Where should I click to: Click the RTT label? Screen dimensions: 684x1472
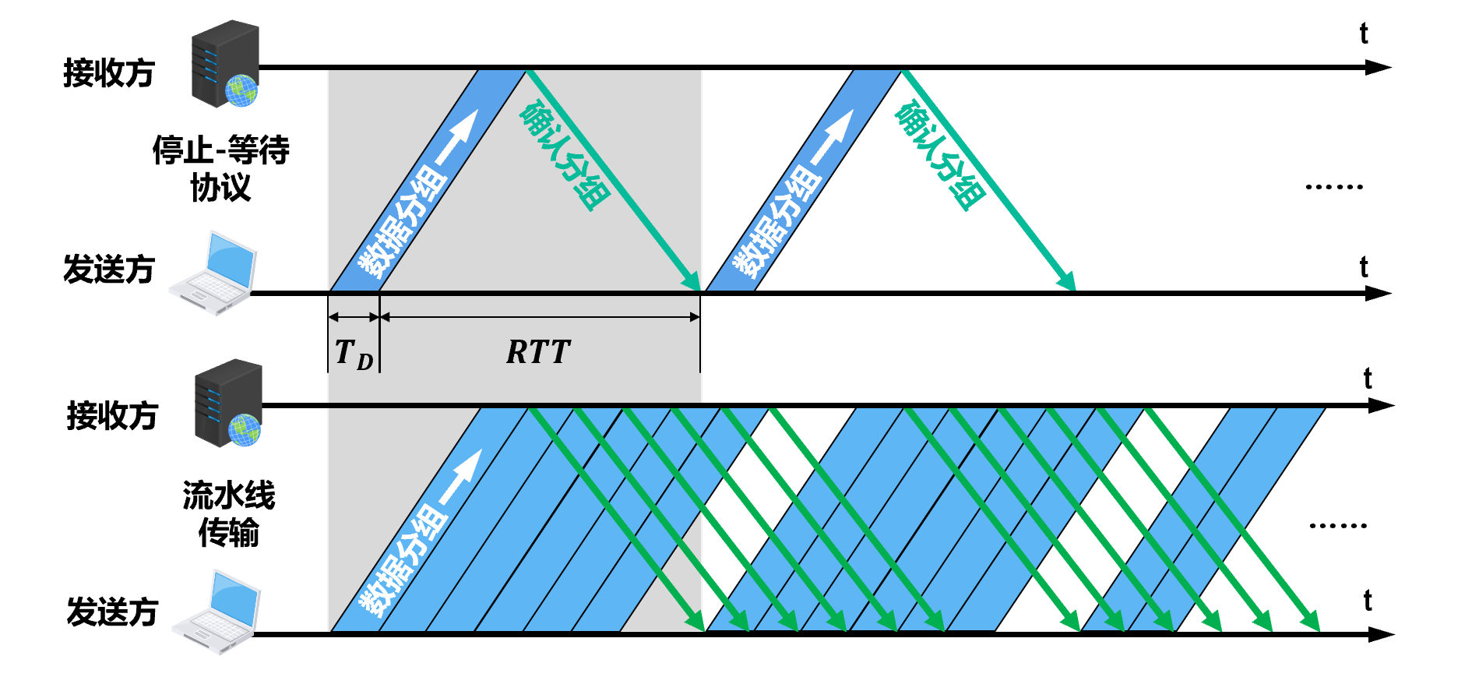[538, 352]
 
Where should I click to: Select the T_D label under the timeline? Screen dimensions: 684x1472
[354, 354]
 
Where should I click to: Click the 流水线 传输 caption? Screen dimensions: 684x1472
[229, 514]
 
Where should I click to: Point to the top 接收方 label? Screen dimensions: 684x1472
[109, 73]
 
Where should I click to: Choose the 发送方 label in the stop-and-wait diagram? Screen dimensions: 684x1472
[109, 270]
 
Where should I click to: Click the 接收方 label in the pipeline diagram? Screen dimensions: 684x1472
[113, 416]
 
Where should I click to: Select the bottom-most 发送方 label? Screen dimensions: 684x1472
[113, 612]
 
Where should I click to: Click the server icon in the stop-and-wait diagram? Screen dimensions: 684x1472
[225, 65]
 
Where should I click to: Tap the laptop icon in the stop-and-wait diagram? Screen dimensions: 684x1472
[213, 273]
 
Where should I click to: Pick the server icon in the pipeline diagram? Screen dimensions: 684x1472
[228, 403]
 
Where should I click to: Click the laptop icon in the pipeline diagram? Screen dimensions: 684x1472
[216, 613]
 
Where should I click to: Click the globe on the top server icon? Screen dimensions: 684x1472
[241, 90]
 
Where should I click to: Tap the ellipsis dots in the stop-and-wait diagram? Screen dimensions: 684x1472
[1334, 187]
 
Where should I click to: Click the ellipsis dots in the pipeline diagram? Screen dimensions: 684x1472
[1337, 526]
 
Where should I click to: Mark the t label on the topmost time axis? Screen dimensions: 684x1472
[1364, 34]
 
